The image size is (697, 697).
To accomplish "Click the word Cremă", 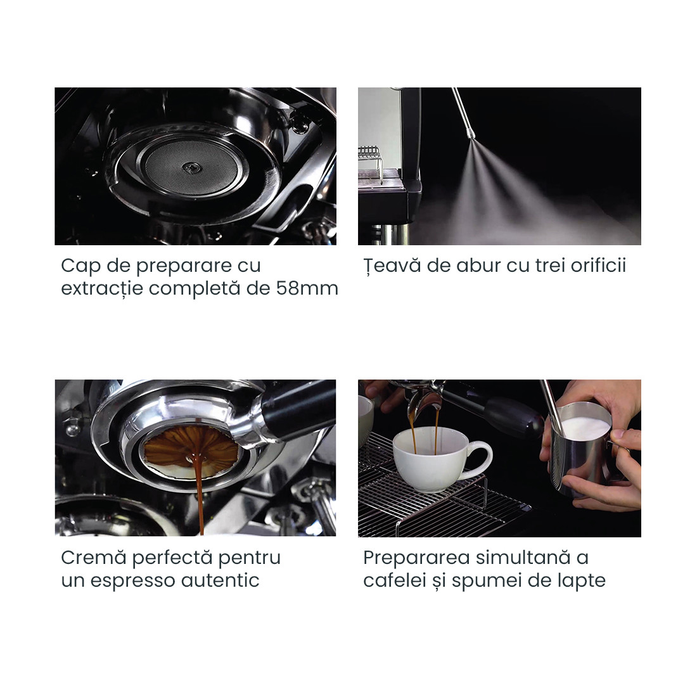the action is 94,558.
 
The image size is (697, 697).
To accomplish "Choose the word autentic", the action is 221,580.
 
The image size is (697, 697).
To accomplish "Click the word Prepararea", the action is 416,558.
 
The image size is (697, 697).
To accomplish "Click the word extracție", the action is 101,289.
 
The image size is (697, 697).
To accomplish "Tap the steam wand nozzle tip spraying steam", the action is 471,134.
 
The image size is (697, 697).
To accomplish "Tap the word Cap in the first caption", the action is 77,266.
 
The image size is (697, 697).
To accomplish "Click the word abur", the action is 463,265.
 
